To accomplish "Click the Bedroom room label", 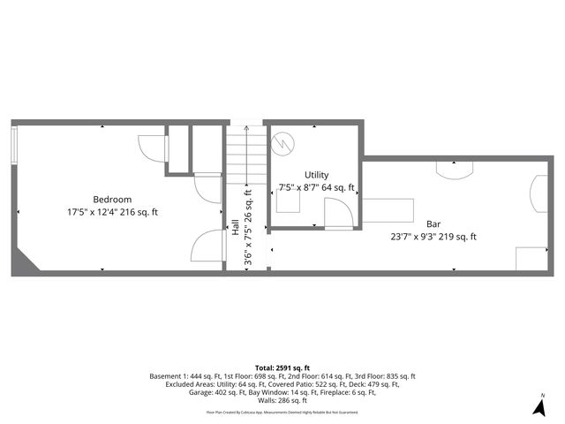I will tap(112, 199).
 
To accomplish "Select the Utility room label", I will tap(316, 175).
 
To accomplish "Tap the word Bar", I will tap(433, 223).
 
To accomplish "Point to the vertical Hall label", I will tap(236, 227).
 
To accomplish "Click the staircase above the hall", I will tap(245, 154).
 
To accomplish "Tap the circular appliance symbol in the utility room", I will tap(282, 141).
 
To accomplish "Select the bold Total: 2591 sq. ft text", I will tap(282, 367).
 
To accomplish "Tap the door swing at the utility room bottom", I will tap(336, 214).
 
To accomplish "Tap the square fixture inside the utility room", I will tap(288, 201).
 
